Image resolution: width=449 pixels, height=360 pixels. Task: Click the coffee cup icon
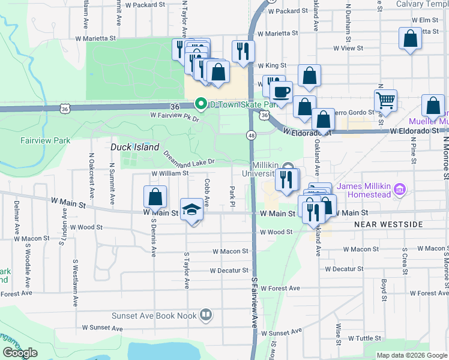[x=280, y=92]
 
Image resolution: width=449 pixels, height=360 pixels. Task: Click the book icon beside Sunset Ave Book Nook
[x=206, y=315]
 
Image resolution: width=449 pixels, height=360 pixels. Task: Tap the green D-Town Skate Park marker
[x=202, y=104]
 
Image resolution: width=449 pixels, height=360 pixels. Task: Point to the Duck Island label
[x=134, y=147]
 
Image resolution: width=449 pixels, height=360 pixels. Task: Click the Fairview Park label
[x=45, y=141]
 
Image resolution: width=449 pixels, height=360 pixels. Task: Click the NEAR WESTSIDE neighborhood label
[x=389, y=224]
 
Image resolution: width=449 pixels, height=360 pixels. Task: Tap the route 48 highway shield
[x=252, y=136]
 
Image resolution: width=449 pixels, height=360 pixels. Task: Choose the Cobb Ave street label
[x=206, y=192]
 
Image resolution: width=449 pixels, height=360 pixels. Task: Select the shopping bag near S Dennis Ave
[x=155, y=196]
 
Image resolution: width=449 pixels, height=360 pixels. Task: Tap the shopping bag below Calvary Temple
[x=410, y=38]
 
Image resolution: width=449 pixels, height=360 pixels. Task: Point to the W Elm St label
[x=425, y=20]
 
